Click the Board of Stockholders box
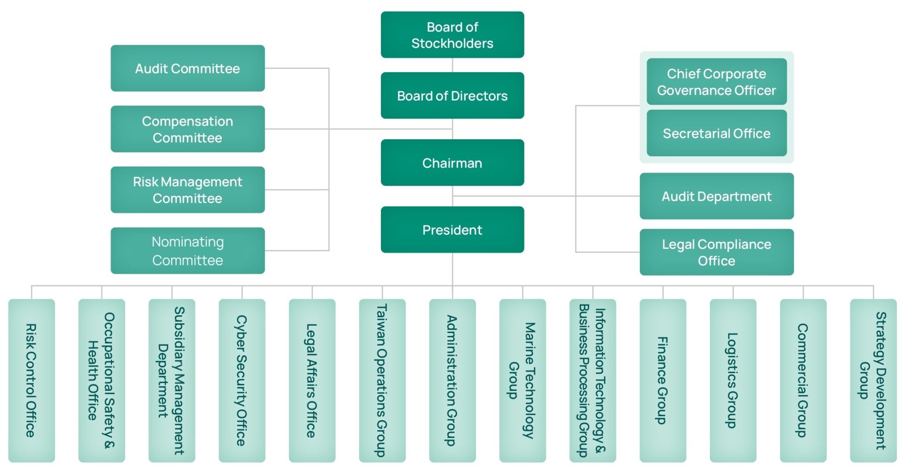click(452, 35)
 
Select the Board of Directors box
click(452, 96)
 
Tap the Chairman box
click(452, 163)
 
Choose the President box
click(452, 230)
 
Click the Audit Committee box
click(187, 68)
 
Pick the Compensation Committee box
click(187, 129)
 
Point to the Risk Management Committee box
click(187, 190)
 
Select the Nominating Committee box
click(187, 250)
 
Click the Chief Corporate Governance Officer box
click(716, 81)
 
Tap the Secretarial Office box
click(716, 133)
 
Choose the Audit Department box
click(716, 196)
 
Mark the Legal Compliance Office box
click(716, 252)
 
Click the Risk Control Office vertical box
click(32, 380)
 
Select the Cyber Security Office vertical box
click(242, 380)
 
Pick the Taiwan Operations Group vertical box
click(382, 380)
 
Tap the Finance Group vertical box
click(662, 380)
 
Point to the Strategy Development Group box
click(873, 380)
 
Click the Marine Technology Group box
click(522, 380)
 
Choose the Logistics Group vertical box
click(733, 380)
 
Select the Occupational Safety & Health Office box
click(102, 380)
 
